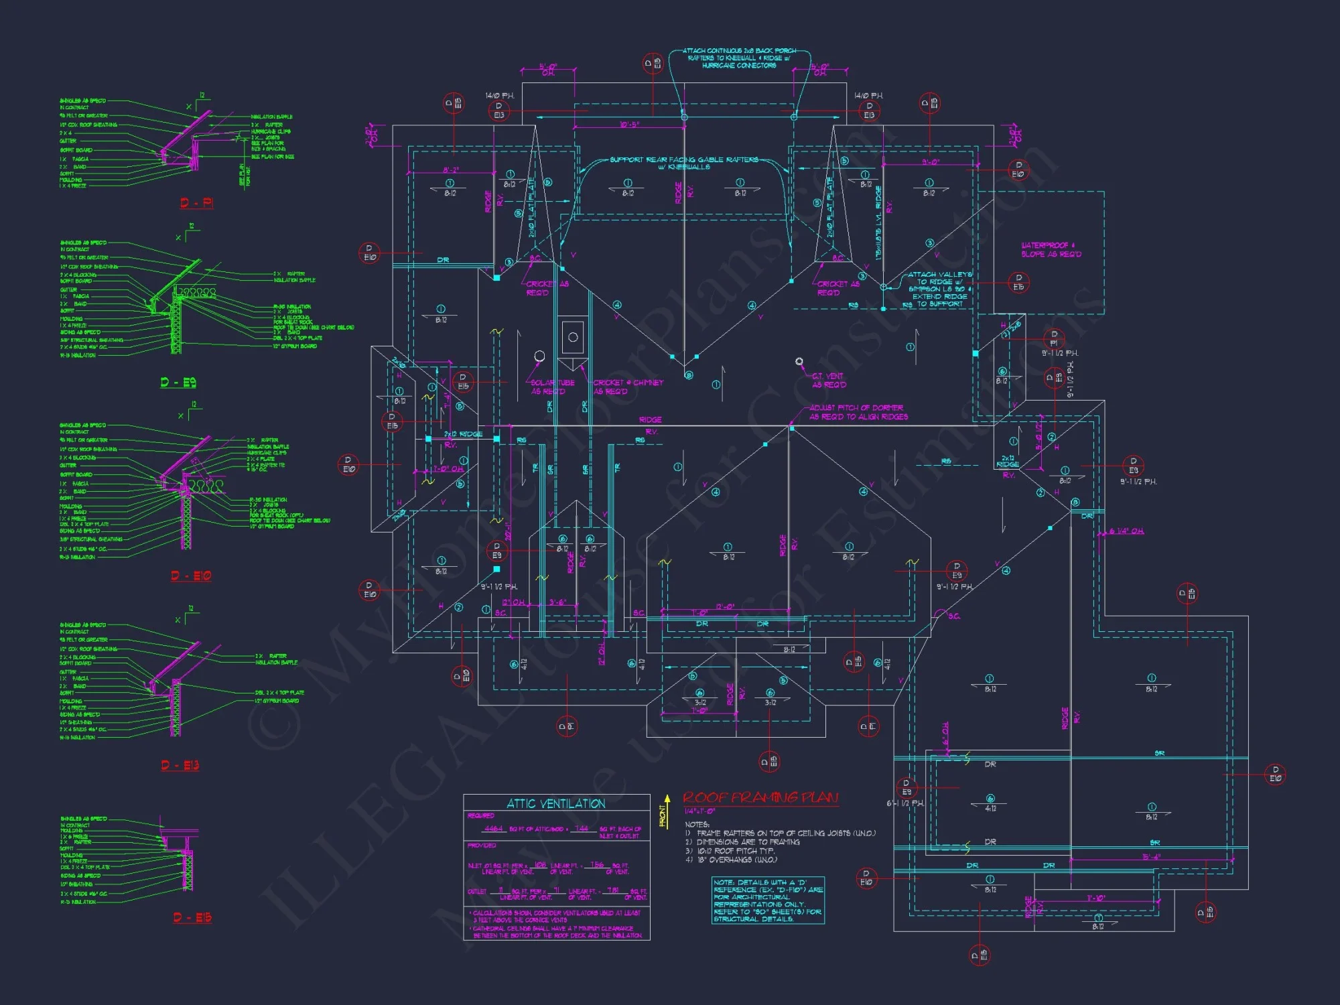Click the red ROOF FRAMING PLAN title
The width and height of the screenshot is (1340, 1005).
(760, 797)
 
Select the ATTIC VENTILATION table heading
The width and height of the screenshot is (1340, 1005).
(555, 803)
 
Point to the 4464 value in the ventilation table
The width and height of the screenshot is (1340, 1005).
(493, 829)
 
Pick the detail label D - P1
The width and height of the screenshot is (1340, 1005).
(196, 203)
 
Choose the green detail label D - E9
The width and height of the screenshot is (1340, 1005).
(178, 383)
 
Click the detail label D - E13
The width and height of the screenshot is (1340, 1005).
(180, 765)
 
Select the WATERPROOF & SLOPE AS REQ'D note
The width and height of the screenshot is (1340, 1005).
(1051, 250)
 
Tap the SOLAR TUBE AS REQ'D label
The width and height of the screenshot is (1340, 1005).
(552, 387)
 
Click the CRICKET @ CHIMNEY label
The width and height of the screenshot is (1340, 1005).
(628, 387)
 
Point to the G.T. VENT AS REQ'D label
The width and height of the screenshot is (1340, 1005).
(829, 381)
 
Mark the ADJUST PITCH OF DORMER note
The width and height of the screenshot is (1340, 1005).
(858, 412)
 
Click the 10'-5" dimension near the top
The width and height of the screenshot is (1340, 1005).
(629, 125)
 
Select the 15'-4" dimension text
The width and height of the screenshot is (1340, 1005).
(1152, 857)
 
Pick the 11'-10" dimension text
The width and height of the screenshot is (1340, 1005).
(1095, 898)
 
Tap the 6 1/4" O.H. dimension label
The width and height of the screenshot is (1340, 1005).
(1126, 531)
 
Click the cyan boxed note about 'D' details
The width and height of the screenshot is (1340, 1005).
(768, 900)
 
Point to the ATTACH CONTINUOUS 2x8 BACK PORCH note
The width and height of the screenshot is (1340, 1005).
(739, 58)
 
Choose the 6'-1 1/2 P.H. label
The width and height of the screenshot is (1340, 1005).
(905, 803)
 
